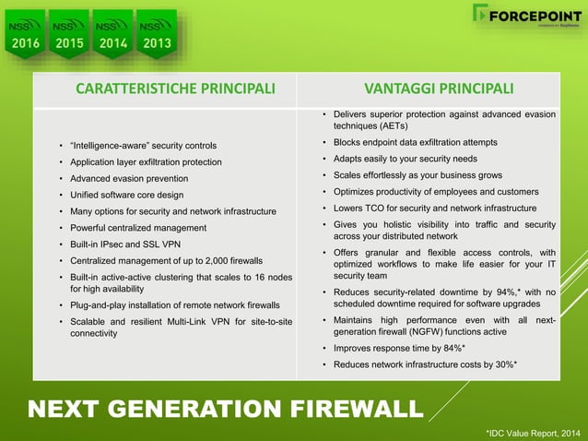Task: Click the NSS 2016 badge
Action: click(26, 33)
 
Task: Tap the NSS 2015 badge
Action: click(70, 33)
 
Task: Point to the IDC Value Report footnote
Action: click(534, 431)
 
